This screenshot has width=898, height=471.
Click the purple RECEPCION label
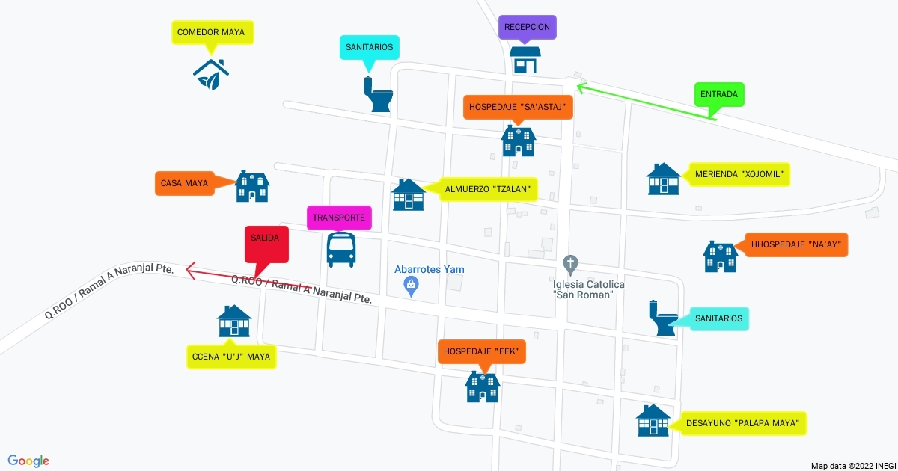click(x=528, y=27)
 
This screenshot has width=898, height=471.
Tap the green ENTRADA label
click(x=719, y=95)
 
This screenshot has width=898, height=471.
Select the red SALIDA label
click(x=266, y=237)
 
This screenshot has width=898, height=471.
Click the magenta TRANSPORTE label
click(x=339, y=218)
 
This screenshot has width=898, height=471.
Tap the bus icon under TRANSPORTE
click(x=341, y=249)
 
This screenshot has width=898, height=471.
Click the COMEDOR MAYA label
click(x=211, y=33)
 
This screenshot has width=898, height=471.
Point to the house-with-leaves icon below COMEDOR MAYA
click(x=211, y=73)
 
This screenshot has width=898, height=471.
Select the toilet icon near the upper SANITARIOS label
click(x=379, y=94)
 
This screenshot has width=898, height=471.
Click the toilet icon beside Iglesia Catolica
click(x=663, y=318)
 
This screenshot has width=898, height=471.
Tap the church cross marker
click(x=570, y=264)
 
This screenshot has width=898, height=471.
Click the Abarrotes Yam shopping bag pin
click(x=410, y=285)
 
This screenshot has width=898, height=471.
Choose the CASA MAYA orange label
click(x=185, y=183)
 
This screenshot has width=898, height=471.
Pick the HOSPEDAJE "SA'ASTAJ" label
click(x=519, y=107)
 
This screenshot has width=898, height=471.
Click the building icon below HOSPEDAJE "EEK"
click(x=482, y=386)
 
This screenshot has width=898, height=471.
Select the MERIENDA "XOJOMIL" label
click(x=739, y=174)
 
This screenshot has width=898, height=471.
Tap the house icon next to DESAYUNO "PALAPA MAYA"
click(x=653, y=421)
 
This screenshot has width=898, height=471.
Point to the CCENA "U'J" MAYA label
click(x=231, y=357)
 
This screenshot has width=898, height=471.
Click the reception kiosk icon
click(x=525, y=61)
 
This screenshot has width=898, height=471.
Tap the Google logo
click(x=29, y=461)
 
